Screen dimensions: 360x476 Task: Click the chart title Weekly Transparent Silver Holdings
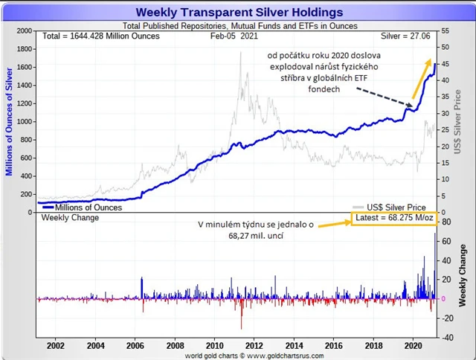pyautogui.click(x=239, y=12)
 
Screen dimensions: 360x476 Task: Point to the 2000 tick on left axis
pyautogui.click(x=23, y=31)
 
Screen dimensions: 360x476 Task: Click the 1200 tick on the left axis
pyautogui.click(x=23, y=103)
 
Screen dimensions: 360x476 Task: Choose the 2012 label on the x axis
pyautogui.click(x=254, y=346)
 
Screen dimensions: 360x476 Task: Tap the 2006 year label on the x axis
pyautogui.click(x=135, y=346)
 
